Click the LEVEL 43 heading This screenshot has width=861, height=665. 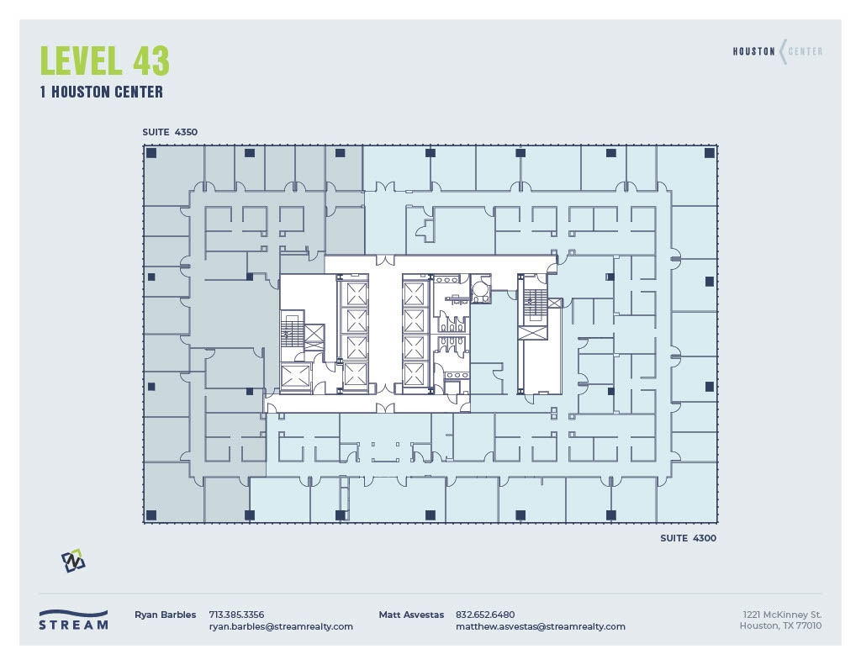point(104,61)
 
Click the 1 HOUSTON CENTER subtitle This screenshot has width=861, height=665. point(101,92)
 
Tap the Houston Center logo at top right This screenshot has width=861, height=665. point(777,52)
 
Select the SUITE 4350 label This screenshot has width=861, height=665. point(169,132)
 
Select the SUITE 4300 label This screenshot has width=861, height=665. point(688,538)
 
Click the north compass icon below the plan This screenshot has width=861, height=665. point(73,561)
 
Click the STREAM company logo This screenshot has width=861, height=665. point(73,620)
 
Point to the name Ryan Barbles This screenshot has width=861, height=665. point(165,615)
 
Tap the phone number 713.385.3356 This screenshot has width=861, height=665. point(236,615)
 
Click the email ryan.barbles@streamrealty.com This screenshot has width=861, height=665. point(281,626)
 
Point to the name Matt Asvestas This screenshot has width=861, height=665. point(411,615)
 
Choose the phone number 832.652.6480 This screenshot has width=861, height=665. point(485,615)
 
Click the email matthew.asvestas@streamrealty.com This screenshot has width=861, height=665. point(540,626)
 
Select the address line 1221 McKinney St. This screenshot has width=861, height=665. point(782,615)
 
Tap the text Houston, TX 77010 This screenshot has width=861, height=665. point(780,626)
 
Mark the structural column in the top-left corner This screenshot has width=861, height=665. point(151,153)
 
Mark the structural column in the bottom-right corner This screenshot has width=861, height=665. point(709,515)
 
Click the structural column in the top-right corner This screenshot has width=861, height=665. point(709,153)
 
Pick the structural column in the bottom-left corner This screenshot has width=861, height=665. point(151,515)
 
